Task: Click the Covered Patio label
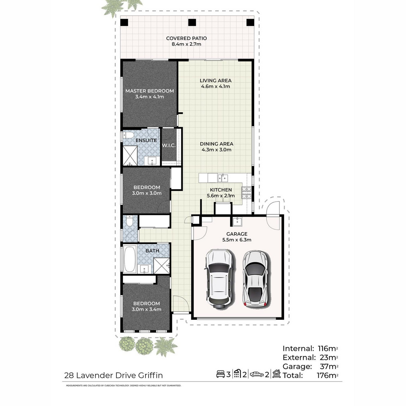pyautogui.click(x=186, y=38)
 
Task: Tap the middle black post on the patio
pyautogui.click(x=192, y=22)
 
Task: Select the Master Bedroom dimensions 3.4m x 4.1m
pyautogui.click(x=150, y=97)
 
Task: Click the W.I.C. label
pyautogui.click(x=169, y=145)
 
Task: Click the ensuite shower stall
pyautogui.click(x=130, y=156)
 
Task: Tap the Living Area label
pyautogui.click(x=216, y=81)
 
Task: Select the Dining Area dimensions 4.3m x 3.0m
pyautogui.click(x=217, y=150)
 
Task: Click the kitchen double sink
pyautogui.click(x=223, y=178)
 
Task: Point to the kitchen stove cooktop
pyautogui.click(x=247, y=193)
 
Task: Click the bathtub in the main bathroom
pyautogui.click(x=130, y=259)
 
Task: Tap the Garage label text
pyautogui.click(x=237, y=234)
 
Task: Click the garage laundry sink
pyautogui.click(x=237, y=221)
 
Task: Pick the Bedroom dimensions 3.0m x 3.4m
pyautogui.click(x=146, y=310)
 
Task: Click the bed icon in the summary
pyautogui.click(x=220, y=374)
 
